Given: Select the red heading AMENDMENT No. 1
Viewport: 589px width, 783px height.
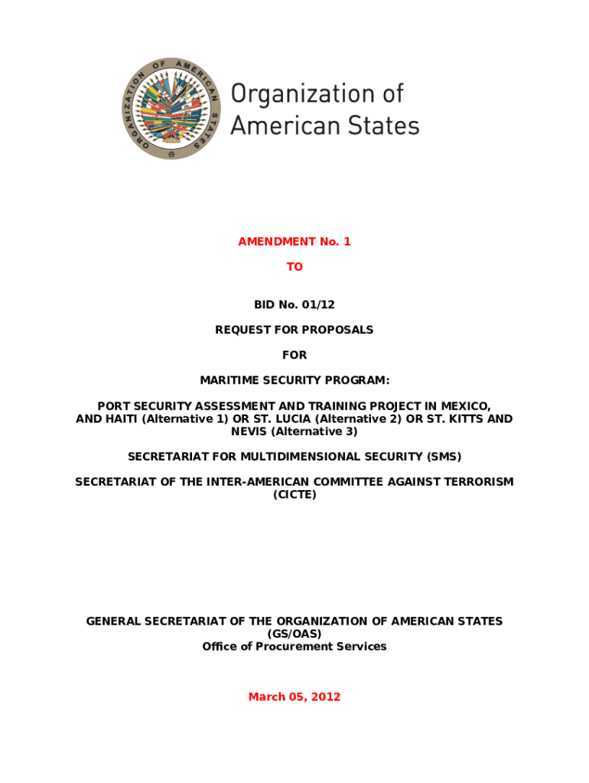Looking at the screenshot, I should (x=294, y=242).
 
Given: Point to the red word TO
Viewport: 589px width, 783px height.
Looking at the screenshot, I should (x=294, y=267).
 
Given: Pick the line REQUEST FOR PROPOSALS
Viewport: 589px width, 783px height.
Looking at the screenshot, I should (x=294, y=330).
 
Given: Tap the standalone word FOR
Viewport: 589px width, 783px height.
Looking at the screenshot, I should (x=294, y=355).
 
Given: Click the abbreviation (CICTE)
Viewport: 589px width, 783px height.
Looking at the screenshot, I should (x=294, y=495).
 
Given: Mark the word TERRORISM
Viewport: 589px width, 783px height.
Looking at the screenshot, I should (x=477, y=482).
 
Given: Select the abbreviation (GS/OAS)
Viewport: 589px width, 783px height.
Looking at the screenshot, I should (x=294, y=634).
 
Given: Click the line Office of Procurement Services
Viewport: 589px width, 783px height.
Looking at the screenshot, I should (x=294, y=646).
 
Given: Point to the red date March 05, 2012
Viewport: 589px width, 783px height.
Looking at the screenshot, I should (x=294, y=697).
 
